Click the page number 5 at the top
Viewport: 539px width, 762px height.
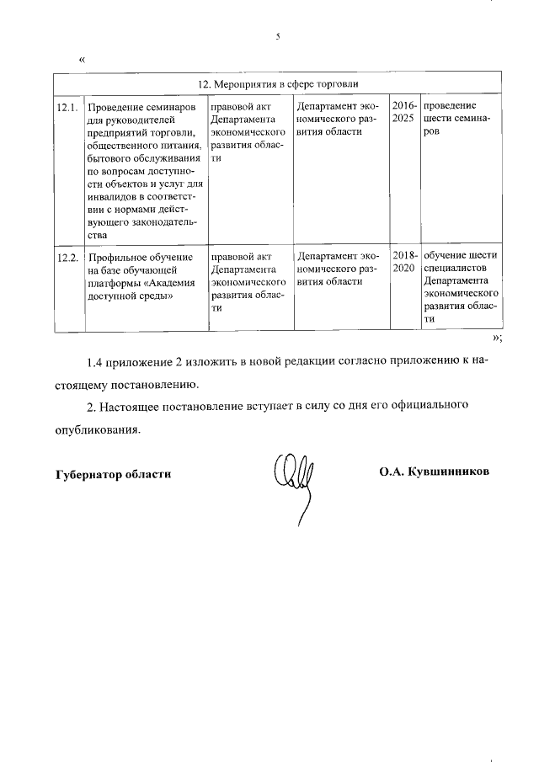[277, 36]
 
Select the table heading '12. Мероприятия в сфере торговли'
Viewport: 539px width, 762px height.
[277, 85]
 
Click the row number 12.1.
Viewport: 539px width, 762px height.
[67, 108]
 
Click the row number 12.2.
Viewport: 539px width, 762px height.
[67, 257]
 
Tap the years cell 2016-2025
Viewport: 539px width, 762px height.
[404, 114]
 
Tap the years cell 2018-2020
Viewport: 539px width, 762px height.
[404, 263]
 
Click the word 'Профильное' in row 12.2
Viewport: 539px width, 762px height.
[117, 257]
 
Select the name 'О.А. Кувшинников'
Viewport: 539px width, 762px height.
[434, 472]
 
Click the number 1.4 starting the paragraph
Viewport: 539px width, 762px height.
[97, 363]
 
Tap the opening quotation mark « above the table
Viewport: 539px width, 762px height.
[82, 60]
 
